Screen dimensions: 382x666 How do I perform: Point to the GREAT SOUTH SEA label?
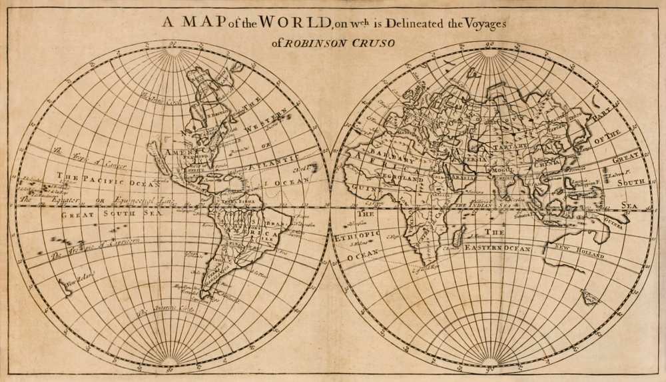tap(107, 215)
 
